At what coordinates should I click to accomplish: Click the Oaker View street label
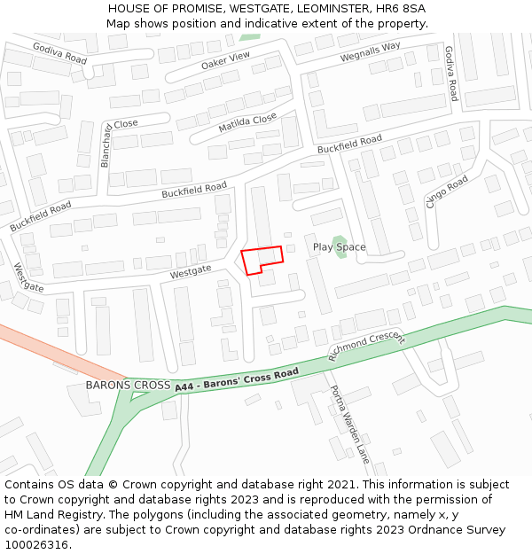226,59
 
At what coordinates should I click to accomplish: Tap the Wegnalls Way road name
371,52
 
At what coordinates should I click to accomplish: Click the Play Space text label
339,247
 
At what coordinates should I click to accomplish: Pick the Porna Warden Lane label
349,425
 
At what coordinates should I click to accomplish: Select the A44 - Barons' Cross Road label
237,380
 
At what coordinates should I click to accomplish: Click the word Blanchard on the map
106,144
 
